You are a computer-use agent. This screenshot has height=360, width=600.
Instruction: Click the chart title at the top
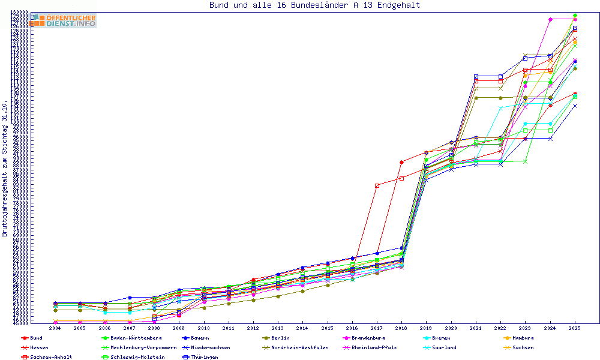[x=314, y=5]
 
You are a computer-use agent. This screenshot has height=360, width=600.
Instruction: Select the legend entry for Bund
[x=36, y=338]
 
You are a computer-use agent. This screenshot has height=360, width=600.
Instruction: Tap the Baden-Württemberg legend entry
[x=136, y=338]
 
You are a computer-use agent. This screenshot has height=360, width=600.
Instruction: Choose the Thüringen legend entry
[x=205, y=358]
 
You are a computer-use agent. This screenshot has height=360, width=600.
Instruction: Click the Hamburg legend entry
[x=519, y=338]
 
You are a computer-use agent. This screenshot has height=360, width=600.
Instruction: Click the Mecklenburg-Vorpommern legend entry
[x=143, y=348]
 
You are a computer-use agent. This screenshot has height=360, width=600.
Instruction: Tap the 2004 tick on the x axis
[x=55, y=329]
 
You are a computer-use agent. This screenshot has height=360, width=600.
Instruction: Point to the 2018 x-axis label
[x=401, y=329]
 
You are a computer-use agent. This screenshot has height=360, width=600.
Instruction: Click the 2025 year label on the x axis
[x=575, y=329]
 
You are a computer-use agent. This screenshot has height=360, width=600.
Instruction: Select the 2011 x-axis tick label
[x=228, y=329]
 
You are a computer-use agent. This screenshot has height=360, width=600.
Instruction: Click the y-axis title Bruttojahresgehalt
[x=5, y=168]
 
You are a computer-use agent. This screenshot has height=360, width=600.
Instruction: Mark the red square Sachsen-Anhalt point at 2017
[x=377, y=185]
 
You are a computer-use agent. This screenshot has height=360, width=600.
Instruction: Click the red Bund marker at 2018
[x=401, y=162]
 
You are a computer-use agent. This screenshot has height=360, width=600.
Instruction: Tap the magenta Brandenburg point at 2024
[x=550, y=19]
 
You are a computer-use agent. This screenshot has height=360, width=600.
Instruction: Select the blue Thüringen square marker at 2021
[x=476, y=76]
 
